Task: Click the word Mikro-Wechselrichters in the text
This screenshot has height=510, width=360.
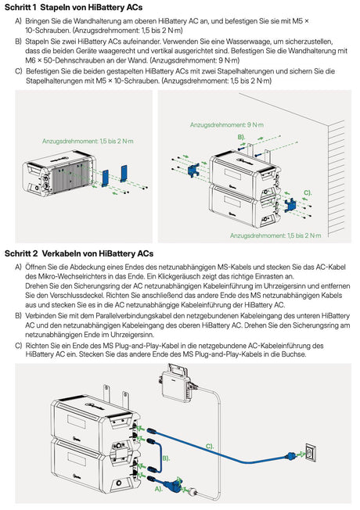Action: click(62, 276)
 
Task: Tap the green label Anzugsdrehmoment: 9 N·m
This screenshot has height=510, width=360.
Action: click(226, 125)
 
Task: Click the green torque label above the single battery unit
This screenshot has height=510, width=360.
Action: click(88, 141)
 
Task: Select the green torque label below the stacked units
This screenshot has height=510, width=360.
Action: click(275, 235)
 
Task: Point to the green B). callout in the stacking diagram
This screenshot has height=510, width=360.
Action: click(241, 137)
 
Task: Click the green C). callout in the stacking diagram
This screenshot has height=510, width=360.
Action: click(308, 192)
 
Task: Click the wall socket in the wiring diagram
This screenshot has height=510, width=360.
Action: click(311, 452)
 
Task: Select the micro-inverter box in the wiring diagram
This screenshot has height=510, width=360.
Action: click(176, 383)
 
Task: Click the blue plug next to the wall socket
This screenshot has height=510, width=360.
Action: click(290, 456)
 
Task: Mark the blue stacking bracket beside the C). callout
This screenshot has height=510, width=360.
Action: click(290, 205)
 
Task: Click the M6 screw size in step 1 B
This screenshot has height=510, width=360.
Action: click(31, 60)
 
